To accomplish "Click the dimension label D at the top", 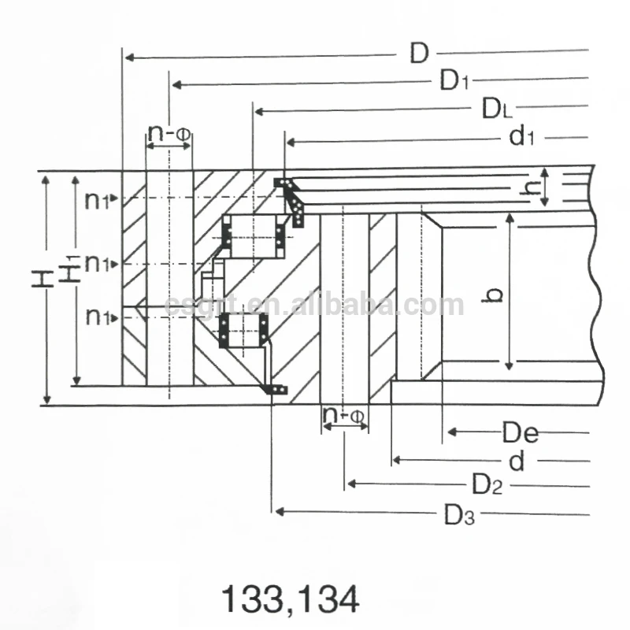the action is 418,54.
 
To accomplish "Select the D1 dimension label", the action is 454,80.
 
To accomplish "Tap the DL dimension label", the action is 498,109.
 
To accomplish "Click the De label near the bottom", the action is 521,432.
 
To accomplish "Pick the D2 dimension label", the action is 487,484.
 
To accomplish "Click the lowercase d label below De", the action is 517,461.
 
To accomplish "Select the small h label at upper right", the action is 532,187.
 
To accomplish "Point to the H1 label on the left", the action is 70,269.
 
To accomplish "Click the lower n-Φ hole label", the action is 344,414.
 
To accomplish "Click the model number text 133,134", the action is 291,599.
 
